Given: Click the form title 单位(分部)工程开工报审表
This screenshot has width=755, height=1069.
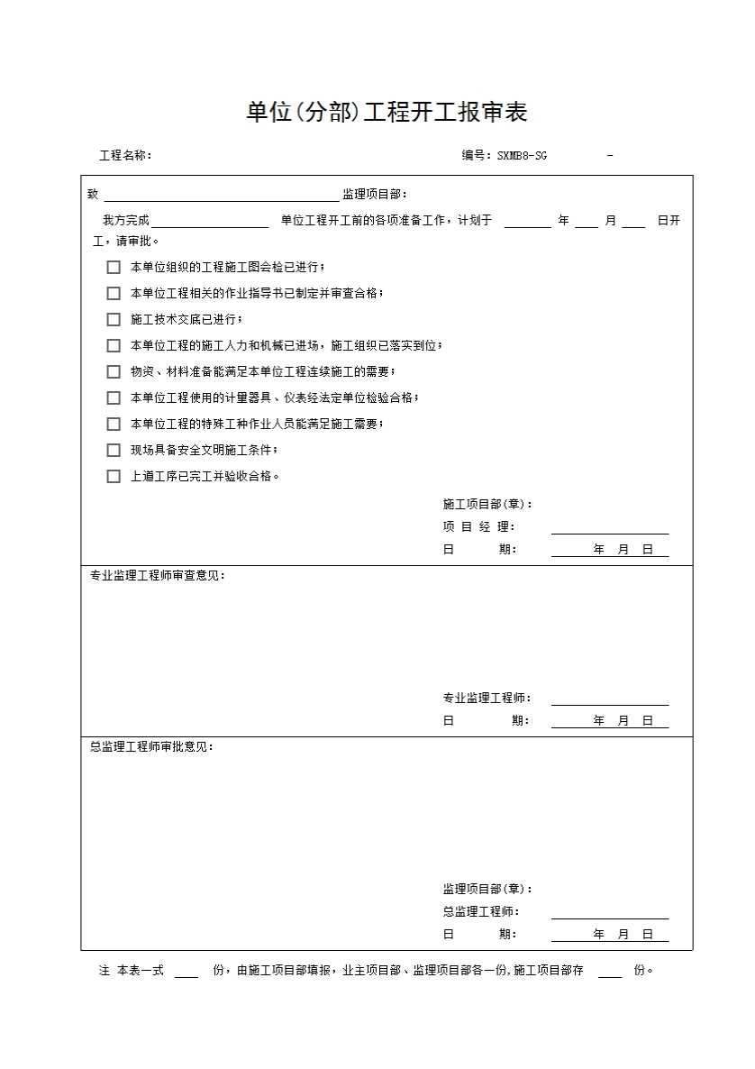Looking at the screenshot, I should click(387, 112).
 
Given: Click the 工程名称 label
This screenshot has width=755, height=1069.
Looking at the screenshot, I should click(125, 155).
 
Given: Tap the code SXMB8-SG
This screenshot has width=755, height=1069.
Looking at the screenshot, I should click(522, 155).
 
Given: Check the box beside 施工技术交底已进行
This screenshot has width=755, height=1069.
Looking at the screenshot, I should click(114, 319).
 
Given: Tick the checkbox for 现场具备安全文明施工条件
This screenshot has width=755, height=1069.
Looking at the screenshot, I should click(114, 450).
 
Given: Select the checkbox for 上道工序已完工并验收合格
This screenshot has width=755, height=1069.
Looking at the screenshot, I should click(114, 476).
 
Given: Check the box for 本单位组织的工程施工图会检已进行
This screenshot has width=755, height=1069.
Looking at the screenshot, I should click(114, 267).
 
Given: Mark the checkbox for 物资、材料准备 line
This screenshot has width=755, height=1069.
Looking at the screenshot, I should click(114, 371).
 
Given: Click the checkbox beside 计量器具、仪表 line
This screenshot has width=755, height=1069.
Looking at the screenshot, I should click(114, 397).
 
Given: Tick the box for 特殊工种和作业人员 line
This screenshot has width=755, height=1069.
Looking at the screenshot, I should click(114, 424).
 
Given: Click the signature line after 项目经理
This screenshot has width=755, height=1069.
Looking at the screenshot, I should click(610, 529).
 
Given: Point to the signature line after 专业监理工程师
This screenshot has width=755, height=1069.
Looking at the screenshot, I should click(610, 700).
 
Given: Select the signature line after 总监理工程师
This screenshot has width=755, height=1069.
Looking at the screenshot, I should click(610, 914).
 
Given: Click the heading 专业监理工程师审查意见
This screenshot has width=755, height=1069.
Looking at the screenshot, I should click(157, 576).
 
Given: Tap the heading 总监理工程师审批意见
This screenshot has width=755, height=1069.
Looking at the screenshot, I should click(151, 747).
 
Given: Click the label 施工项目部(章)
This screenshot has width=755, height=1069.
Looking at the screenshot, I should click(487, 504).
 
